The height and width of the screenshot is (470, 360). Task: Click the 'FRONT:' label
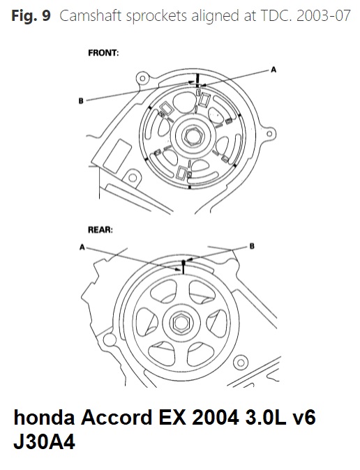pyautogui.click(x=103, y=53)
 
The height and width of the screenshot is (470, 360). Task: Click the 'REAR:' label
pyautogui.click(x=100, y=230)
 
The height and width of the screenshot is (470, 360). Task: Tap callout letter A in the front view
pyautogui.click(x=273, y=70)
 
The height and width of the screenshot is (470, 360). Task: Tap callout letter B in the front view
pyautogui.click(x=81, y=101)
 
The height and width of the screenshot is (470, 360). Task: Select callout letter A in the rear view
pyautogui.click(x=82, y=248)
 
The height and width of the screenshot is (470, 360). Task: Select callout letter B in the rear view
pyautogui.click(x=252, y=246)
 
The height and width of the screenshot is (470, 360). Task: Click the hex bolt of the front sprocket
pyautogui.click(x=193, y=137)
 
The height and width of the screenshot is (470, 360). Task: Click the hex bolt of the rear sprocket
pyautogui.click(x=180, y=323)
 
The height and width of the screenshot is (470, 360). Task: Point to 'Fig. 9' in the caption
pyautogui.click(x=31, y=15)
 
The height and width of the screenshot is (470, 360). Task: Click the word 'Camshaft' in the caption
pyautogui.click(x=91, y=16)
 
